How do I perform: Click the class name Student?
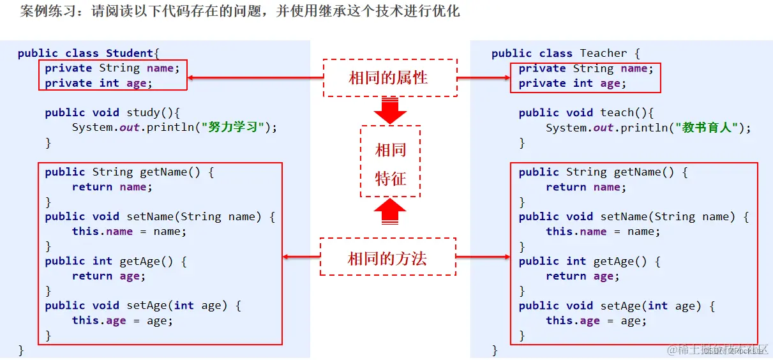click(130, 54)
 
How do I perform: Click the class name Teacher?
click(603, 54)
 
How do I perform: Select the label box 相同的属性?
click(390, 78)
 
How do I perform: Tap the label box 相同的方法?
click(387, 257)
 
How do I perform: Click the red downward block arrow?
click(390, 110)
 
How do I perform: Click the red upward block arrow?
click(389, 212)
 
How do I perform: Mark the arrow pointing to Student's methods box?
click(301, 257)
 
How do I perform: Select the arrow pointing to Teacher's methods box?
click(483, 257)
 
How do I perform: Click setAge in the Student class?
click(146, 306)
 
